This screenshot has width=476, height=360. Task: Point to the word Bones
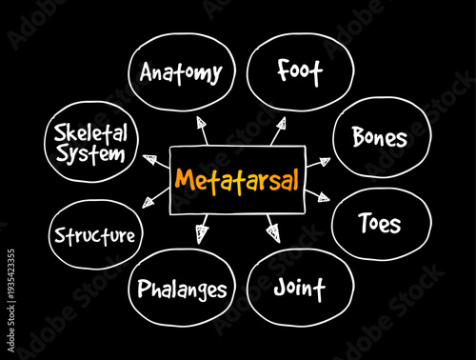[x=379, y=138]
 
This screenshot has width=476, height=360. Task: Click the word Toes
[x=379, y=225]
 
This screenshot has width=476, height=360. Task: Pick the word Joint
[x=299, y=287]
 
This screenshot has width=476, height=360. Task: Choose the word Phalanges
[x=182, y=288]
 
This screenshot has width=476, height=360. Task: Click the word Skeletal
[x=89, y=131]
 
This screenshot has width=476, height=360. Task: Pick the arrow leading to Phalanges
[x=201, y=230]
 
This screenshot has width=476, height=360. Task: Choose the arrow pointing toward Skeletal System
[x=151, y=159]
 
